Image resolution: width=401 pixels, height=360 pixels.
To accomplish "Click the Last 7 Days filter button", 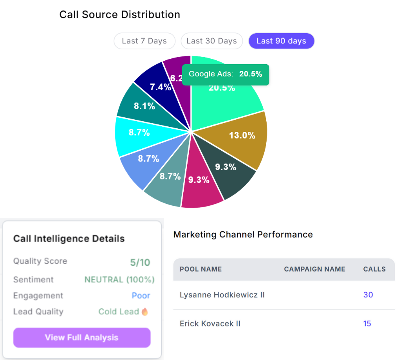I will pyautogui.click(x=144, y=41).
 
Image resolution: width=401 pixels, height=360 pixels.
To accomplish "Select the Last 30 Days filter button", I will pyautogui.click(x=211, y=41).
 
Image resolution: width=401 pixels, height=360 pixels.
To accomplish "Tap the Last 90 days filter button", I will pyautogui.click(x=281, y=41).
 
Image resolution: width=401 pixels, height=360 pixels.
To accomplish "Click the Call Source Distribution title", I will pyautogui.click(x=119, y=15).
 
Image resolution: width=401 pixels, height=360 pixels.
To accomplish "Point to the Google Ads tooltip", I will pyautogui.click(x=226, y=74).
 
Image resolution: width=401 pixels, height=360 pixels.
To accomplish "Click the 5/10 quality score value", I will pyautogui.click(x=140, y=262).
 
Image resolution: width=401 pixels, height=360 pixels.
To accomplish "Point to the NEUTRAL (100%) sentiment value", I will pyautogui.click(x=119, y=280).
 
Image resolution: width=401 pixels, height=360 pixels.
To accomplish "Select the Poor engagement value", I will pyautogui.click(x=141, y=296).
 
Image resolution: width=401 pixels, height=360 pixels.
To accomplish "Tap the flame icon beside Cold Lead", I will pyautogui.click(x=145, y=312).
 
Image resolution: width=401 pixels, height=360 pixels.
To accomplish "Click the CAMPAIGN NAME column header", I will pyautogui.click(x=314, y=269).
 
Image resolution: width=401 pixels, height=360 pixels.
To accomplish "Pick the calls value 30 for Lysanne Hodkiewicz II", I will pyautogui.click(x=368, y=295).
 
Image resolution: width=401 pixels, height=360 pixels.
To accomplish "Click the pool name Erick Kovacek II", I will pyautogui.click(x=210, y=324).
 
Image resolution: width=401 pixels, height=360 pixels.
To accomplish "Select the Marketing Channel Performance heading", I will pyautogui.click(x=243, y=234).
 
